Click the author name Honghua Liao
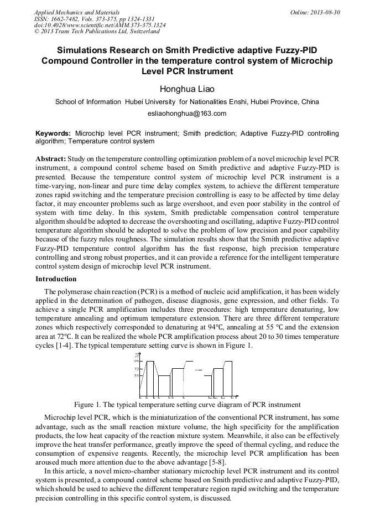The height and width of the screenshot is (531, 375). pos(187,89)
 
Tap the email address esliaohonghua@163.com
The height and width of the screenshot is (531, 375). pos(187,114)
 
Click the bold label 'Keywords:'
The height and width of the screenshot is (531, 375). pos(53,134)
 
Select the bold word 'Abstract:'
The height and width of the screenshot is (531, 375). pos(51,158)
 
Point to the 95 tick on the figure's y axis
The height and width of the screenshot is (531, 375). pos(136,361)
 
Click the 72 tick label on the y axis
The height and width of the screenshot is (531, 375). pos(136,369)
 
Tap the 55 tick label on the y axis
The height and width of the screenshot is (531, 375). pos(136,375)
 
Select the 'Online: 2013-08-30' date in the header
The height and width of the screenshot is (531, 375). pos(315,12)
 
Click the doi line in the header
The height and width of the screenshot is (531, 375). pos(92,25)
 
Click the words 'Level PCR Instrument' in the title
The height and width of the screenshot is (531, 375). pos(187,71)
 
